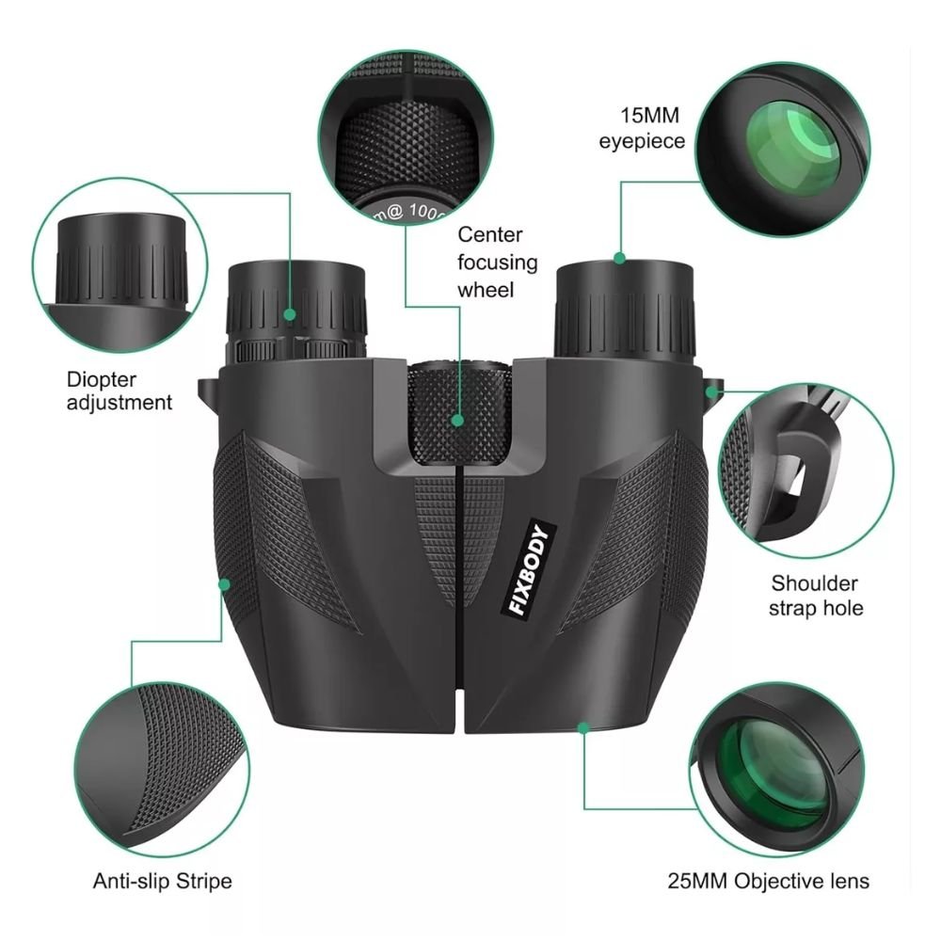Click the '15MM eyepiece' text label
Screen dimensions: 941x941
tap(643, 129)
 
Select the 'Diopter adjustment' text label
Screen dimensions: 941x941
tap(120, 391)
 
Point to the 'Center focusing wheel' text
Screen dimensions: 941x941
tap(498, 262)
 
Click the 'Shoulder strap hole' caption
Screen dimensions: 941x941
tap(816, 596)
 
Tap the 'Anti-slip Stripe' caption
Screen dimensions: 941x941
tap(162, 882)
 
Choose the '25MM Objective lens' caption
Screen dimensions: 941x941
tap(768, 882)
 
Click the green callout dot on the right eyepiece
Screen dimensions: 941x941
tap(620, 257)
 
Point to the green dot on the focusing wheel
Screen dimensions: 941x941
tap(458, 421)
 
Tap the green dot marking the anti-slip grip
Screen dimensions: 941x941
tap(224, 584)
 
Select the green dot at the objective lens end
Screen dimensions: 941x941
tap(583, 727)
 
